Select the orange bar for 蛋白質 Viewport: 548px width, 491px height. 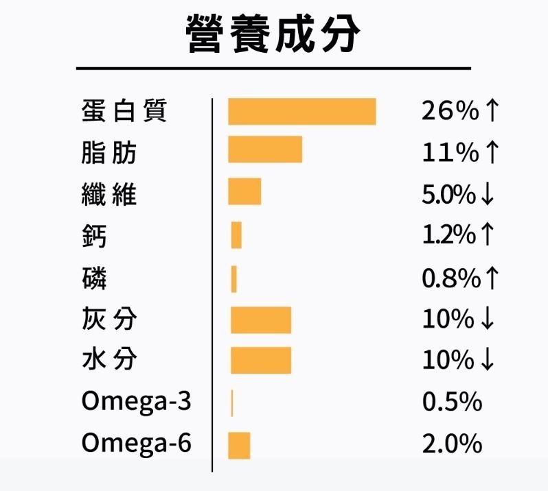click(301, 112)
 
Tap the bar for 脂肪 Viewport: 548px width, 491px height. click(265, 149)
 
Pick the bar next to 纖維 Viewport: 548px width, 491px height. click(244, 191)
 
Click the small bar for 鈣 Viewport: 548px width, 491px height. click(236, 235)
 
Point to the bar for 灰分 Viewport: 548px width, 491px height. click(260, 320)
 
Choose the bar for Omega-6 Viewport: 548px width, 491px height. click(239, 446)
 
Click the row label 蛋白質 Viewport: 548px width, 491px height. click(124, 111)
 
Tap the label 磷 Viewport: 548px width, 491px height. click(94, 278)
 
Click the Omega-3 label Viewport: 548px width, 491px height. click(136, 402)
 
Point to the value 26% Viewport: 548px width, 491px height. click(450, 111)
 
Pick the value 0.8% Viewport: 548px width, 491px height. click(450, 278)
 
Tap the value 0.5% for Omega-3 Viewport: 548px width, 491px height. click(452, 402)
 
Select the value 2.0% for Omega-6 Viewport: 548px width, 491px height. click(452, 444)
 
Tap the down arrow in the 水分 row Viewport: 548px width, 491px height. click(488, 361)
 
